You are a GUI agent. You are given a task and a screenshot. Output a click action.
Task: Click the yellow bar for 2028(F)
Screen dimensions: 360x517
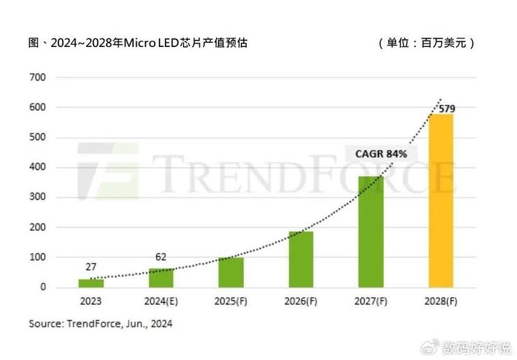tap(441, 200)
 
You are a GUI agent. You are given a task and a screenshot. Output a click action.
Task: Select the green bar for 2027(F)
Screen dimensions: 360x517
tap(371, 232)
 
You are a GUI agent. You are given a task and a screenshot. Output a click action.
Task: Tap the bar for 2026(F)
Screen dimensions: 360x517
tap(301, 259)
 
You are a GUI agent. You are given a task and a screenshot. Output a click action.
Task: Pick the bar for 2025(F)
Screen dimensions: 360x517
tap(231, 273)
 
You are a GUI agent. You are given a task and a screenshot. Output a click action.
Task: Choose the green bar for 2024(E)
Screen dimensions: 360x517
tap(161, 278)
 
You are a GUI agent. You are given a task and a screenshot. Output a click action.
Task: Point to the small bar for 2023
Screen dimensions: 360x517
tap(91, 283)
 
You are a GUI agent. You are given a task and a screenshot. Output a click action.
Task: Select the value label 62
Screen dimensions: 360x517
tap(161, 257)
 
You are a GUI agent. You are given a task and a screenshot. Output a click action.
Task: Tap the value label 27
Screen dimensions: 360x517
tap(91, 267)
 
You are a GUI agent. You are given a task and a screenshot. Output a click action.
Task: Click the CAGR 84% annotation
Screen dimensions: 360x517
tap(380, 154)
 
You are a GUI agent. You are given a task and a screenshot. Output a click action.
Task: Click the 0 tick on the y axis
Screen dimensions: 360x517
tap(43, 287)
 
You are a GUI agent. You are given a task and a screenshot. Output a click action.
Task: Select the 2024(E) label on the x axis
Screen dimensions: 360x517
tap(161, 301)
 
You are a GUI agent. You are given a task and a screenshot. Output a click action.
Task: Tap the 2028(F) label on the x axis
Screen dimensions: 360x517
tap(441, 301)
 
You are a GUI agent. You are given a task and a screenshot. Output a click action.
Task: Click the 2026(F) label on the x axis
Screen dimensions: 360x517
tap(301, 301)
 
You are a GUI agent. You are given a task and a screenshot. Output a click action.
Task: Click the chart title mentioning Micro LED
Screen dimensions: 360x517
tap(137, 43)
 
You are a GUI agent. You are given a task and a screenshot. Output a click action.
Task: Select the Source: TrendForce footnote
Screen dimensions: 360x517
tap(100, 324)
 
